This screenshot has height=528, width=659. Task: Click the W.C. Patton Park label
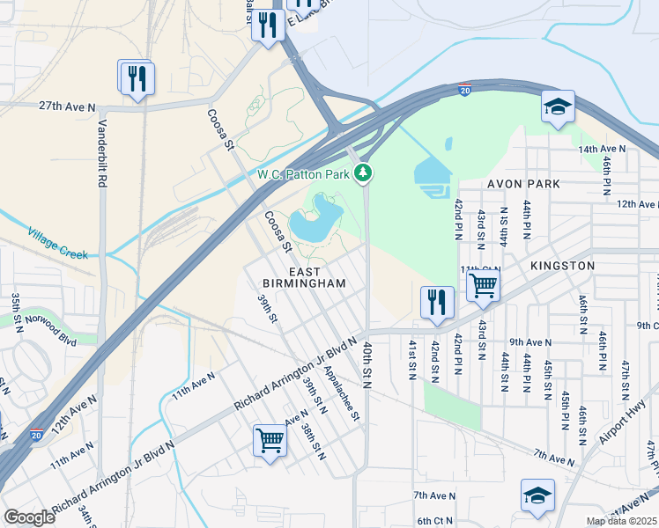304,173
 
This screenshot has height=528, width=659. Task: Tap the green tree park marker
363,173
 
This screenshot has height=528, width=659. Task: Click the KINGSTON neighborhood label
563,265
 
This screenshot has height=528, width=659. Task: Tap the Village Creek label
57,244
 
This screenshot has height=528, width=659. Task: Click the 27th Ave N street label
67,106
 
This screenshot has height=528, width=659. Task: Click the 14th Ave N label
602,150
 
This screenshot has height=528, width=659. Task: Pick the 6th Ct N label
435,521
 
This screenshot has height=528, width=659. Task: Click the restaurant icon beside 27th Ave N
137,77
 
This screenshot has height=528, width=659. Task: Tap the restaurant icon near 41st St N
437,303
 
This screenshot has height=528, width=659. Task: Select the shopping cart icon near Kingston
483,286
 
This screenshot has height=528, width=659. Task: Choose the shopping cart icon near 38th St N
270,440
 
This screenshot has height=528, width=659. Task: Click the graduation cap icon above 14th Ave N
558,107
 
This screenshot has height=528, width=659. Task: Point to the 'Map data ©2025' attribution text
621,521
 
